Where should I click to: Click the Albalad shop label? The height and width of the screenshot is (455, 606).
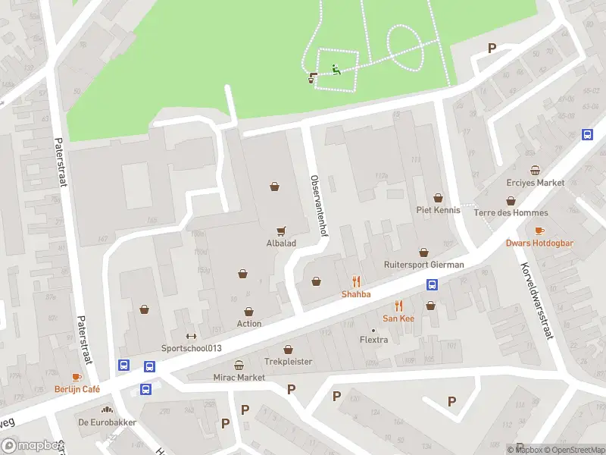(281, 243)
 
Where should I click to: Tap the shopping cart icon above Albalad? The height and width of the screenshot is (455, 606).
(281, 231)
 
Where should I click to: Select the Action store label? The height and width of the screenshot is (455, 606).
(249, 324)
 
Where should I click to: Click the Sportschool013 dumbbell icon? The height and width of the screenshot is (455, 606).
(190, 337)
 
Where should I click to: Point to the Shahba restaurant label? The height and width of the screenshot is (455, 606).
(356, 294)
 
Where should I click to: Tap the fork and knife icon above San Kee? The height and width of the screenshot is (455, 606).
(398, 306)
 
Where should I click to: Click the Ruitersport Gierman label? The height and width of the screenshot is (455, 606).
(423, 265)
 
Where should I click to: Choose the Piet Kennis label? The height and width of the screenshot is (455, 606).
(438, 209)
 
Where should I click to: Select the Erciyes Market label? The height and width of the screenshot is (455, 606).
(536, 183)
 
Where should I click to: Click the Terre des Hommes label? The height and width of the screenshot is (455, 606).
(511, 213)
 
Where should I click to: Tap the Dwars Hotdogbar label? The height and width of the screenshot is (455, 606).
(539, 243)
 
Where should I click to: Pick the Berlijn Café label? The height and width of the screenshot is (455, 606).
(76, 389)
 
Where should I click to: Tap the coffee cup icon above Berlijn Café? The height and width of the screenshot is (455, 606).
(76, 377)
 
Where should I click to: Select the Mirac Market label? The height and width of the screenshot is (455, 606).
(239, 377)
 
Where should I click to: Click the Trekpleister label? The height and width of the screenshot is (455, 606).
(288, 362)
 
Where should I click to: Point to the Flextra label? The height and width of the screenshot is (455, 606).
(373, 340)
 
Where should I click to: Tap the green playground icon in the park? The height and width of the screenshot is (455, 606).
(336, 71)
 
